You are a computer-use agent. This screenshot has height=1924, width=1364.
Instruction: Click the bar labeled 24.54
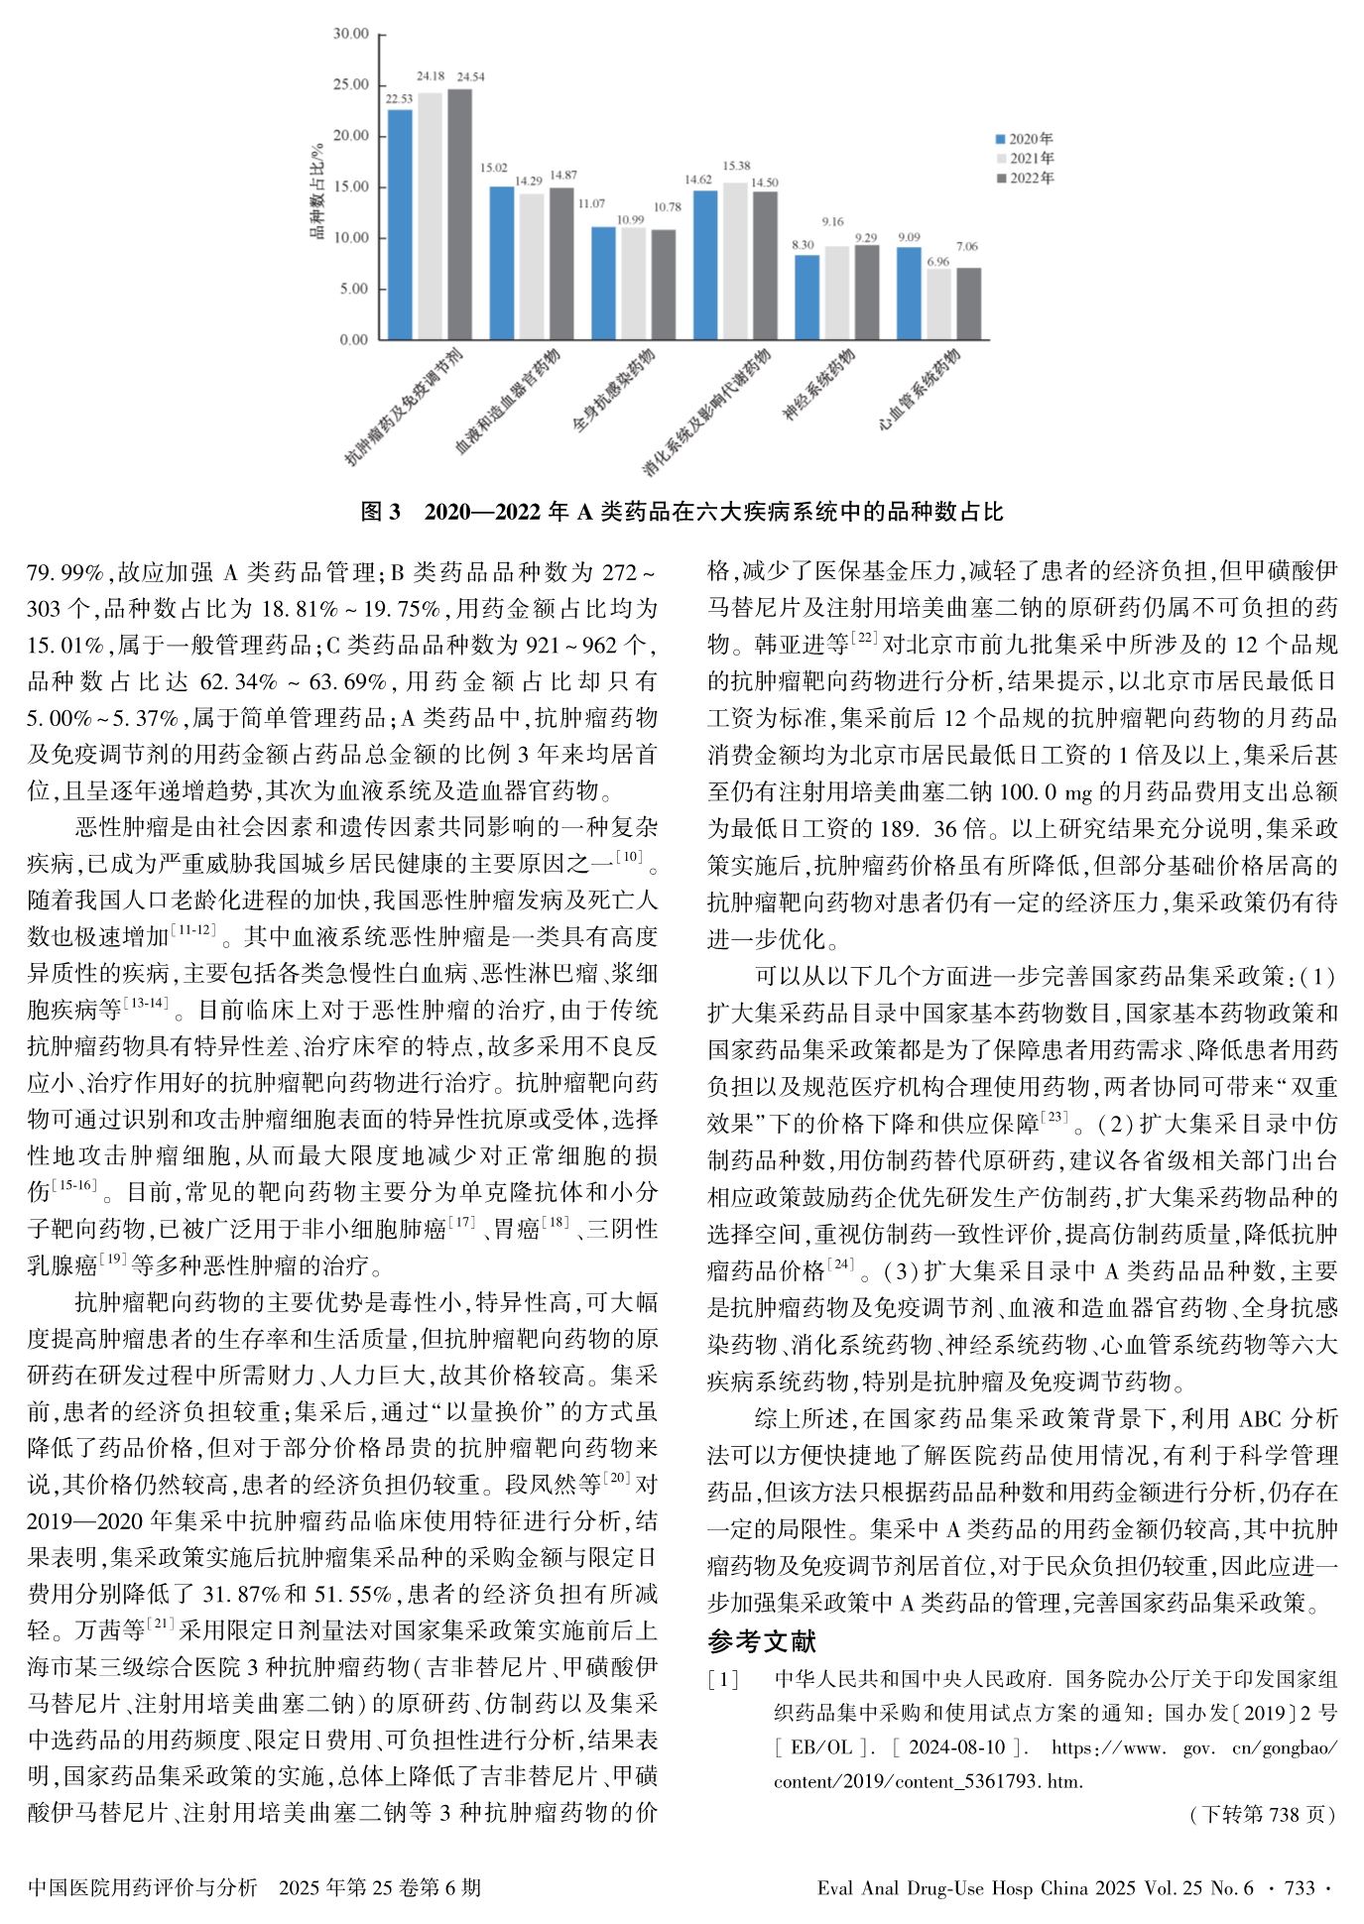point(459,214)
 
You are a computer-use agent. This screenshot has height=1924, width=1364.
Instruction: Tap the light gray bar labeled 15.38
point(735,261)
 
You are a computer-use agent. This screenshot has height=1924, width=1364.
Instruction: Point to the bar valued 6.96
point(938,303)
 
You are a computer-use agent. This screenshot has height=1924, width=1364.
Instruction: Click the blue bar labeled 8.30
point(806,297)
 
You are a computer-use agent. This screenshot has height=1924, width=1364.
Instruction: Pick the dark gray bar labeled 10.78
point(663,285)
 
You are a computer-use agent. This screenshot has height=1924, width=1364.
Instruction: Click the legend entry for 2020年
point(1025,140)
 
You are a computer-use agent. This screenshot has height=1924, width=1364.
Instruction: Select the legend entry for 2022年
point(1025,179)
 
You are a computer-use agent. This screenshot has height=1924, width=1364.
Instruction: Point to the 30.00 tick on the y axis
point(350,34)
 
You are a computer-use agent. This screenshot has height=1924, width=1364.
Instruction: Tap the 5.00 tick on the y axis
point(353,289)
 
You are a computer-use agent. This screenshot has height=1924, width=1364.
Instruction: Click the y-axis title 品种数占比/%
point(317,190)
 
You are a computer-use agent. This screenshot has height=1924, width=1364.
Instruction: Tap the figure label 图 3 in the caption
point(380,512)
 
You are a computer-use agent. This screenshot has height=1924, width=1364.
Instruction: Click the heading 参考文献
point(761,1641)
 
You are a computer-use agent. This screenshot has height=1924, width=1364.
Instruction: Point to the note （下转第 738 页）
point(1260,1814)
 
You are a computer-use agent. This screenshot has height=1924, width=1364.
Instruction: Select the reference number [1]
point(722,1680)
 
